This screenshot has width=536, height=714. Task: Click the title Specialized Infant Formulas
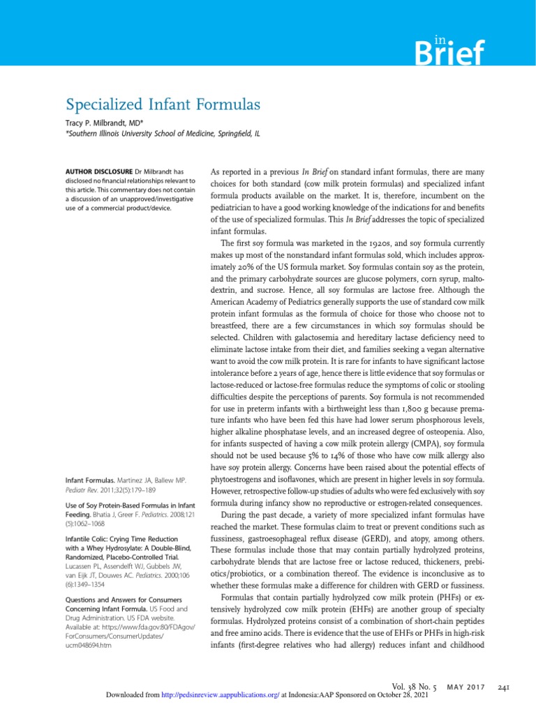163,105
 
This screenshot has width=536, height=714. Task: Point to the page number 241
502,688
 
